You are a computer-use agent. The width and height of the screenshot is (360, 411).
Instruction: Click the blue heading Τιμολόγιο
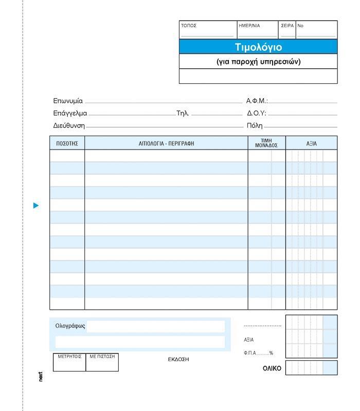[258, 47]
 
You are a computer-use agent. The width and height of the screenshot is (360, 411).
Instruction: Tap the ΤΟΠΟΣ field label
[189, 26]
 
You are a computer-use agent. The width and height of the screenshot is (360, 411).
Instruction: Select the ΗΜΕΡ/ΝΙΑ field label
[249, 26]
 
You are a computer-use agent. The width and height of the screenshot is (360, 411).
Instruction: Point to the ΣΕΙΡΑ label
[287, 26]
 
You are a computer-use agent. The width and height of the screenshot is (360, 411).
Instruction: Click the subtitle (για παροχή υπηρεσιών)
[258, 62]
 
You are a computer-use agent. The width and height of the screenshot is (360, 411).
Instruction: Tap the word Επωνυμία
[68, 101]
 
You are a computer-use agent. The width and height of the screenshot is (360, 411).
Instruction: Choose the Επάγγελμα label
[70, 114]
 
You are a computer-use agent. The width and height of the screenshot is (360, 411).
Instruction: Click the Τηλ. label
[183, 114]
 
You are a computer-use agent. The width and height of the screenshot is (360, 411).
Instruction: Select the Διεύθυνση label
[69, 125]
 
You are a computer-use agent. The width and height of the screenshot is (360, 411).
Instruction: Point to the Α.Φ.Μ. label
[257, 101]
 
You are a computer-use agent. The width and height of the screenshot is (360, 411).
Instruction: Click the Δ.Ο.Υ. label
[257, 114]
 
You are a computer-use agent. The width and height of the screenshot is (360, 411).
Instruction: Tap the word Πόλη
[255, 125]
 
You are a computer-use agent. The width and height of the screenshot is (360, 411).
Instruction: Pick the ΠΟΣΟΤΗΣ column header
[67, 143]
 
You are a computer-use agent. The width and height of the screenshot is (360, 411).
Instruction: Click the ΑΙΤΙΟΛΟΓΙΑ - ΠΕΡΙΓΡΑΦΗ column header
[166, 143]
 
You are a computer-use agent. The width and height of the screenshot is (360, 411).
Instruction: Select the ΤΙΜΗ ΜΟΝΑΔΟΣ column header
[266, 143]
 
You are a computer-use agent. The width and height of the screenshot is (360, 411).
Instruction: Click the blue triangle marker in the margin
[36, 206]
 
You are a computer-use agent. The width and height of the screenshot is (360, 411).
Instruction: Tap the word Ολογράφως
[70, 326]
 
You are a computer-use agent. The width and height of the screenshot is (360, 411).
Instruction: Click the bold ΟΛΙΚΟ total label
[272, 368]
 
